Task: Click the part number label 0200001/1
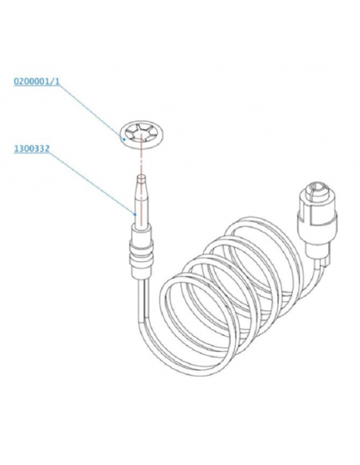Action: tap(37, 81)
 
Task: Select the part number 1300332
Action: tap(32, 149)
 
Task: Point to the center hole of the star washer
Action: tap(142, 136)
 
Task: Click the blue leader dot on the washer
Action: tap(124, 139)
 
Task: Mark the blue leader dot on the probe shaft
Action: tap(135, 213)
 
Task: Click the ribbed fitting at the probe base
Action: tap(141, 252)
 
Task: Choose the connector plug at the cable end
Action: tap(317, 220)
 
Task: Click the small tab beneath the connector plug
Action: tap(327, 260)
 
